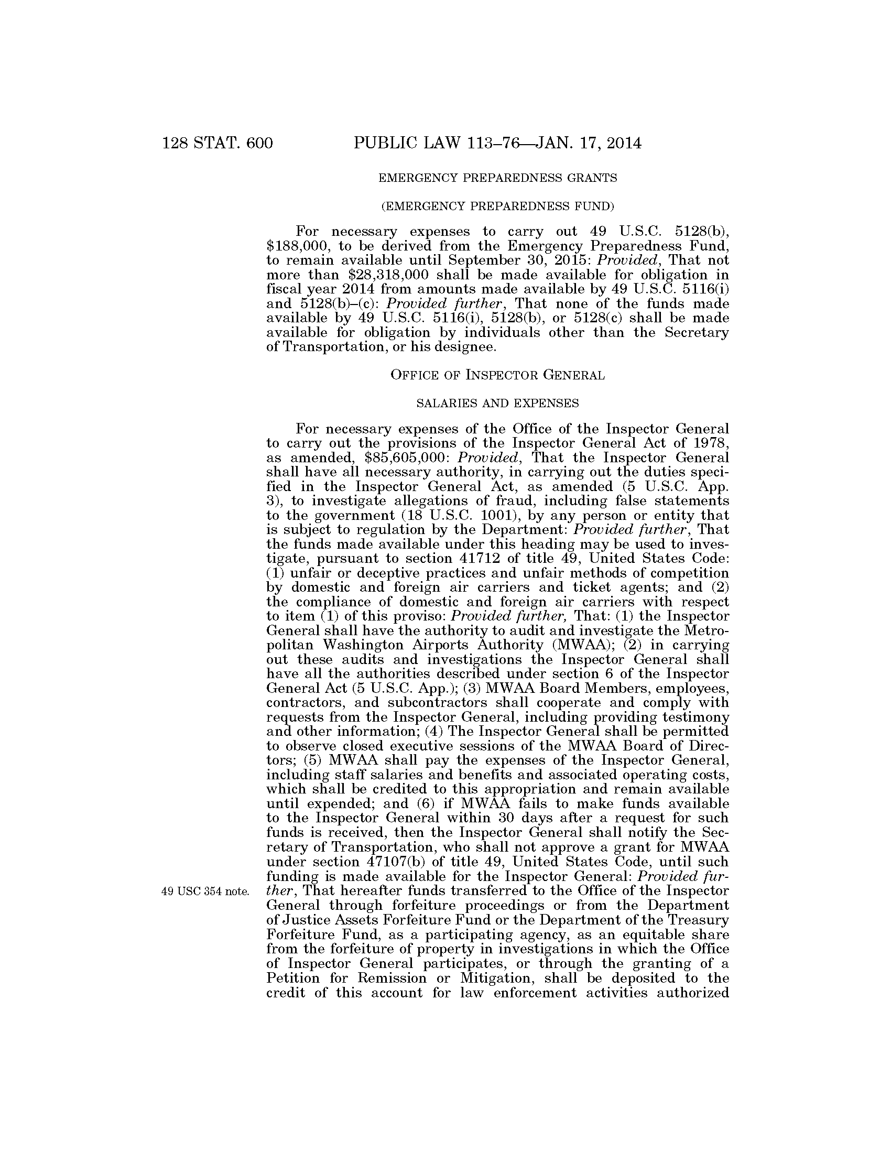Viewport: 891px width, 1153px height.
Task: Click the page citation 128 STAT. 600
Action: tap(218, 143)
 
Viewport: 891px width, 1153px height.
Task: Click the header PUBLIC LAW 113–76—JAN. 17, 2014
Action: tap(497, 143)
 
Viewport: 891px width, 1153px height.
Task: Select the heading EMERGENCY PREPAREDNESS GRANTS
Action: tap(497, 178)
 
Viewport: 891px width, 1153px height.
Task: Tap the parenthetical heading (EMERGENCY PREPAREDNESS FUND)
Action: tap(497, 206)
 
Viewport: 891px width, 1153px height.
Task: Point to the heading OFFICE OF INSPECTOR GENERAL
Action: tap(497, 375)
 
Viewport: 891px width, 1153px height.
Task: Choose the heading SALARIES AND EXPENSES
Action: tap(497, 404)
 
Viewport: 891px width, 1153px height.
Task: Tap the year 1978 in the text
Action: tap(713, 442)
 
